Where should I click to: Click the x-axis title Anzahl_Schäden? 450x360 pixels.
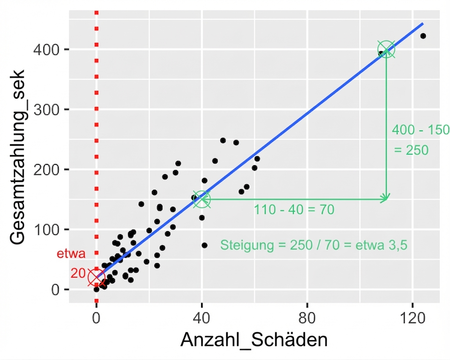pyautogui.click(x=254, y=340)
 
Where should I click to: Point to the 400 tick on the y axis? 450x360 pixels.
pyautogui.click(x=46, y=50)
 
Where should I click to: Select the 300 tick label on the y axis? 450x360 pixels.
pyautogui.click(x=46, y=110)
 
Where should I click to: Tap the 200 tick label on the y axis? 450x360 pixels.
pyautogui.click(x=46, y=169)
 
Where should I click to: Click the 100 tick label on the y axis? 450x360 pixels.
pyautogui.click(x=46, y=230)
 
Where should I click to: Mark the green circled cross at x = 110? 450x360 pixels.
pyautogui.click(x=386, y=50)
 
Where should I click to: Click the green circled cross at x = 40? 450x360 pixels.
pyautogui.click(x=202, y=199)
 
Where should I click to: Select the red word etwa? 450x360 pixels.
pyautogui.click(x=71, y=254)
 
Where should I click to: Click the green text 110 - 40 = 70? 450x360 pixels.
pyautogui.click(x=294, y=210)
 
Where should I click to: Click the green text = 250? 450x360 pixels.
pyautogui.click(x=411, y=150)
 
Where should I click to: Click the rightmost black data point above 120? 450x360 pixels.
pyautogui.click(x=423, y=36)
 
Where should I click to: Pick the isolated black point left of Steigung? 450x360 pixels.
pyautogui.click(x=204, y=245)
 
